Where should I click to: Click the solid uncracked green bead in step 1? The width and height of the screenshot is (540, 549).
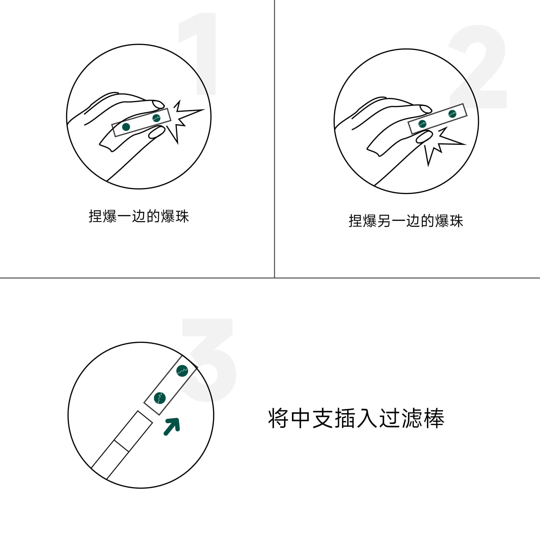[126, 127]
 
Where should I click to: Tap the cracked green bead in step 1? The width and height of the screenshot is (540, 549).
[156, 118]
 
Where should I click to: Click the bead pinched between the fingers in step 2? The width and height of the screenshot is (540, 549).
[422, 124]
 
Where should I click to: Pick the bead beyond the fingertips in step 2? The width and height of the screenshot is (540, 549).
[452, 114]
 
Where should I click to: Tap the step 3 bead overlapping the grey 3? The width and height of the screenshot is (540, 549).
[182, 371]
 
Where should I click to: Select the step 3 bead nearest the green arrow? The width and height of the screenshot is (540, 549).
[160, 398]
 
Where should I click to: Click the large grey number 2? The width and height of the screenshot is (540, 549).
[478, 66]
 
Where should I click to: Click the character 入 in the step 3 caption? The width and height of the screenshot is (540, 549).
[367, 418]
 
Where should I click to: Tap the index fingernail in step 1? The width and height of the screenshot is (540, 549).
[158, 104]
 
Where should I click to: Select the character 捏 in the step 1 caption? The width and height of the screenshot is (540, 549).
[96, 216]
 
